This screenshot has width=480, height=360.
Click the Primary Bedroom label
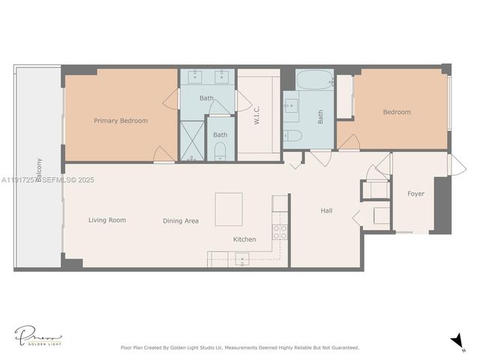pos(120,121)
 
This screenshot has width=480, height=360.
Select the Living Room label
pos(106,220)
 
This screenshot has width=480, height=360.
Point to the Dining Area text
pos(181,221)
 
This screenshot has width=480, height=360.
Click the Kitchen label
pos(244,240)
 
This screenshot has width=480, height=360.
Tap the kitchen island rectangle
pos(229,209)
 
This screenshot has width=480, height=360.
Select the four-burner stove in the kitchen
pos(280,232)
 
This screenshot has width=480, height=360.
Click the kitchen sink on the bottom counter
pos(241,259)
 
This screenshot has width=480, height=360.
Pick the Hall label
pos(326,211)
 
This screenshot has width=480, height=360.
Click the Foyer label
pos(415,193)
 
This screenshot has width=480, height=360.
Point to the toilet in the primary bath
pos(220,152)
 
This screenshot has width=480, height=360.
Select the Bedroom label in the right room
pos(397,112)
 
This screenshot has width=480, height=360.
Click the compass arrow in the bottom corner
pos(457,341)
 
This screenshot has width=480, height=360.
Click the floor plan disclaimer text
pos(240,347)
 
